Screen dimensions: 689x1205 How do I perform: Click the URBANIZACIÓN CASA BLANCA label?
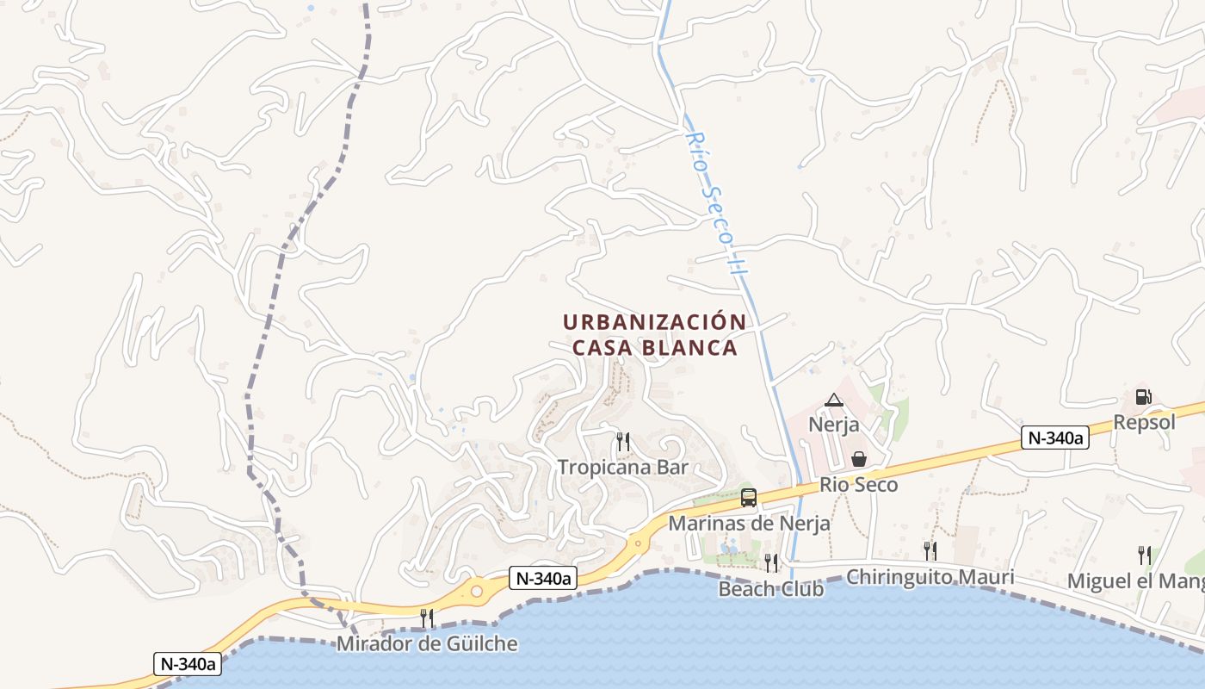click(653, 334)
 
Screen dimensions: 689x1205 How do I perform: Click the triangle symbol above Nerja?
click(833, 400)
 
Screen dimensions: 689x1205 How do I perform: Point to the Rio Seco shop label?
click(858, 485)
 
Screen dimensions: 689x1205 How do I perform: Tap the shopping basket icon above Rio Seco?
click(858, 460)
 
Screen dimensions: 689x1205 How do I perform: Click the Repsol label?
click(1144, 422)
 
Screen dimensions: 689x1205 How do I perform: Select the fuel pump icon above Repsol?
click(1144, 397)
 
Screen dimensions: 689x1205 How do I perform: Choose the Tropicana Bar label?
click(623, 468)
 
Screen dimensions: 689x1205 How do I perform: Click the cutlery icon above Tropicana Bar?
click(623, 442)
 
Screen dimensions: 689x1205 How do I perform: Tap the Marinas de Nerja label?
click(749, 523)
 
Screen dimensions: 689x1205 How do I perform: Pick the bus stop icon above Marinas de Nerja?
click(749, 498)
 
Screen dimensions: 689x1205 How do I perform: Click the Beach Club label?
click(770, 589)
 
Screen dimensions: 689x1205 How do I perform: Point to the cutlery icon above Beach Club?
click(770, 563)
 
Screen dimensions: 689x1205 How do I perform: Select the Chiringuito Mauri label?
click(930, 577)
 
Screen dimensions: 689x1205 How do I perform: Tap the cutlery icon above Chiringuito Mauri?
click(930, 551)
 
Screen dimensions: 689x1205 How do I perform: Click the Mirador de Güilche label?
click(427, 643)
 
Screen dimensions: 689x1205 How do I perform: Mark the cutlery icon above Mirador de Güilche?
click(426, 618)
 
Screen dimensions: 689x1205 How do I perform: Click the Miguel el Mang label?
click(1135, 581)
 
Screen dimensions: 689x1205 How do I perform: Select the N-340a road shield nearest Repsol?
click(1054, 438)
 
